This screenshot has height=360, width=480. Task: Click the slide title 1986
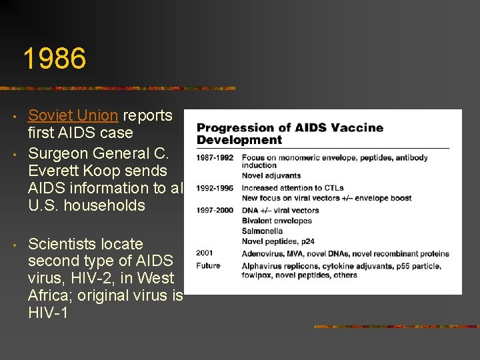pos(54,59)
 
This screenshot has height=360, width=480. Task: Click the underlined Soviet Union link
pos(73,115)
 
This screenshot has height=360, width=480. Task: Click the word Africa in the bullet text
pos(49,295)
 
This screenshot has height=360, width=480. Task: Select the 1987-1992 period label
pos(215,158)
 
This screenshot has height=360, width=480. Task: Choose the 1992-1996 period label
pos(215,189)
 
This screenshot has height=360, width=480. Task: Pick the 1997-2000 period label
pos(215,211)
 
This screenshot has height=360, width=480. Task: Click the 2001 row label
pos(205,253)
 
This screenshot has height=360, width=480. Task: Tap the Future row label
pos(208,266)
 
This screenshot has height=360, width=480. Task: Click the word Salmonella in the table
pos(263,231)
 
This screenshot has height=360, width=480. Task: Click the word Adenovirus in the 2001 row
pos(263,253)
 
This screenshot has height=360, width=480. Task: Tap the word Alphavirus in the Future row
pos(262,266)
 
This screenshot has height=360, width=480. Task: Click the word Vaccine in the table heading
pos(357,127)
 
